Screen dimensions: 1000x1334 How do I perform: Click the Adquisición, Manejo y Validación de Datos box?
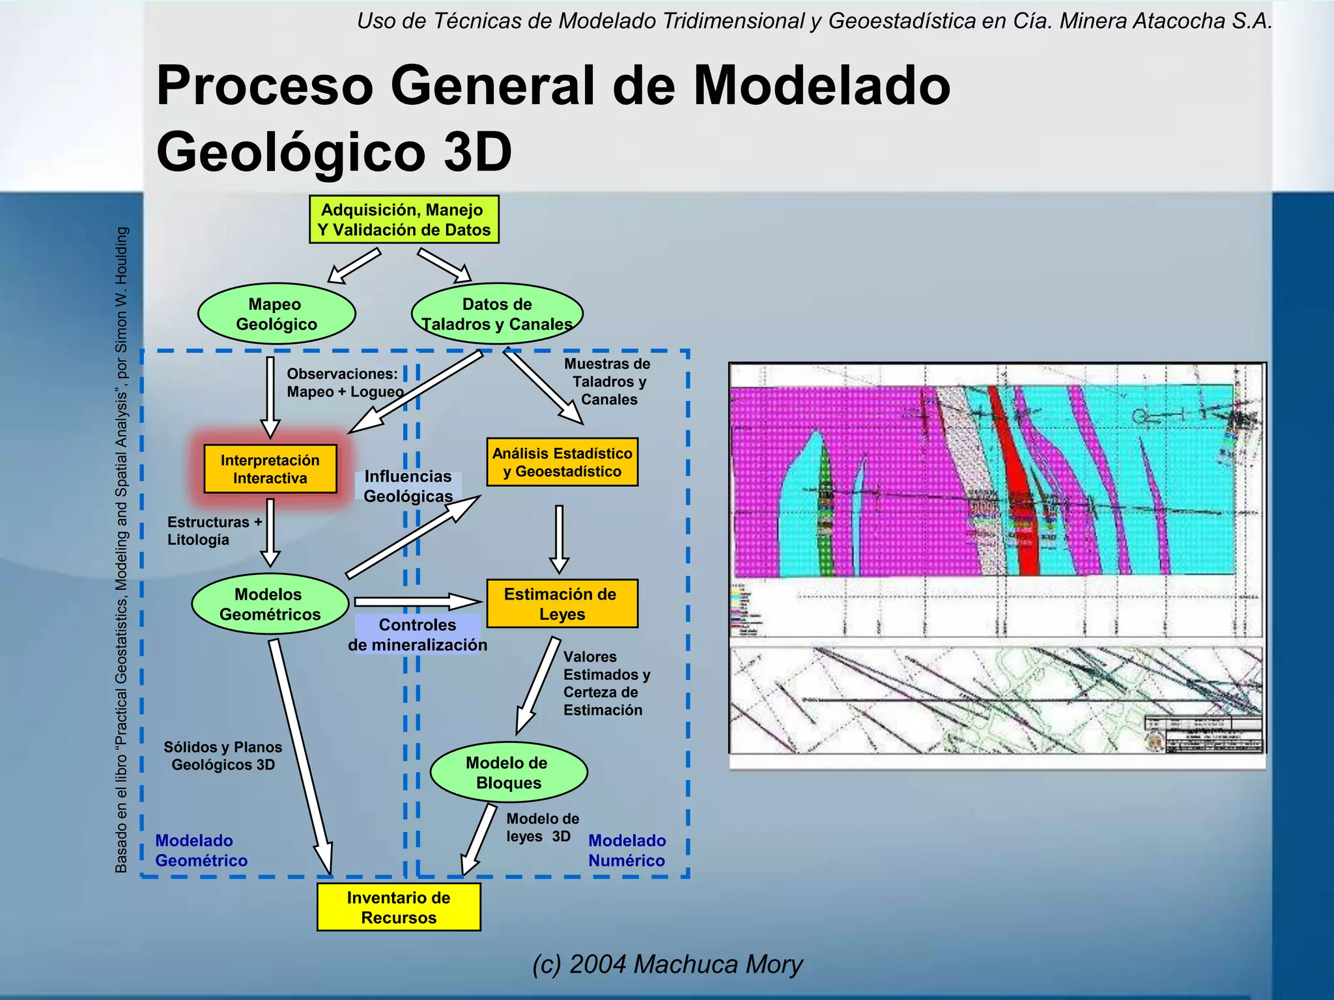(404, 219)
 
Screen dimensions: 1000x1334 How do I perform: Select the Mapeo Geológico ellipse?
(276, 314)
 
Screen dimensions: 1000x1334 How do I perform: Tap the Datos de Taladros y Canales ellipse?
(496, 314)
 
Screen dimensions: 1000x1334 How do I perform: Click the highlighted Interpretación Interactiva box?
(270, 469)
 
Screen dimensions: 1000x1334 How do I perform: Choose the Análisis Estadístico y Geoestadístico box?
(561, 462)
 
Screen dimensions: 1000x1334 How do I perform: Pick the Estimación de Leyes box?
(561, 604)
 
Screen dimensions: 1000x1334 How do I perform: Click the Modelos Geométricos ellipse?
(270, 604)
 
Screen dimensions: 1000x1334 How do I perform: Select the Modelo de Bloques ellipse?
(508, 772)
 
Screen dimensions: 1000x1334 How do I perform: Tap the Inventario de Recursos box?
(399, 907)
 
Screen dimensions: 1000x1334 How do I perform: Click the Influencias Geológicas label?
(408, 486)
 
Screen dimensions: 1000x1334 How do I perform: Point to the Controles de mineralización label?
(418, 635)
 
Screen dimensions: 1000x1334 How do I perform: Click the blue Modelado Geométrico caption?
(201, 850)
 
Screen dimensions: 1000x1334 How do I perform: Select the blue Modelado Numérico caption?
(627, 850)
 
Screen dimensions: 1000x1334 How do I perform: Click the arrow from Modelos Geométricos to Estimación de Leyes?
(417, 601)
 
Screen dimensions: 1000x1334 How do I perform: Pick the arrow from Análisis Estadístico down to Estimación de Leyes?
(559, 537)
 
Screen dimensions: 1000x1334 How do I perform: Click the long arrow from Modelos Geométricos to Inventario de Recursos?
(301, 755)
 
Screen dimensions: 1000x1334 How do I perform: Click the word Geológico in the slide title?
(291, 152)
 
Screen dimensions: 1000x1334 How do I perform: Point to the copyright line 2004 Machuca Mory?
(667, 964)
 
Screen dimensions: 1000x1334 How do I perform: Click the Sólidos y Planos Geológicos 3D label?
(223, 756)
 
